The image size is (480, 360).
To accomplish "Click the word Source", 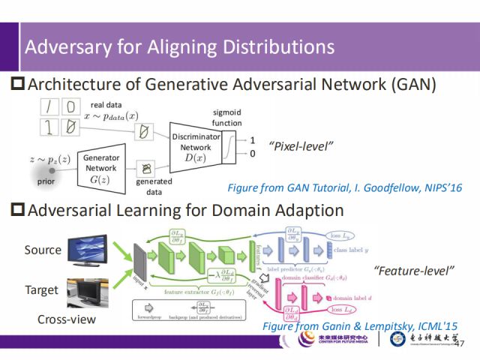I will click(x=43, y=249).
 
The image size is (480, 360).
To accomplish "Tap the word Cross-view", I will click(x=67, y=319).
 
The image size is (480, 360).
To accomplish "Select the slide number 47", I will click(x=459, y=343).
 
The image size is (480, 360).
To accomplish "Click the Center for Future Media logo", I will click(x=334, y=340).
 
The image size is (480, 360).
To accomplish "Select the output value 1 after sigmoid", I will click(x=253, y=140).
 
